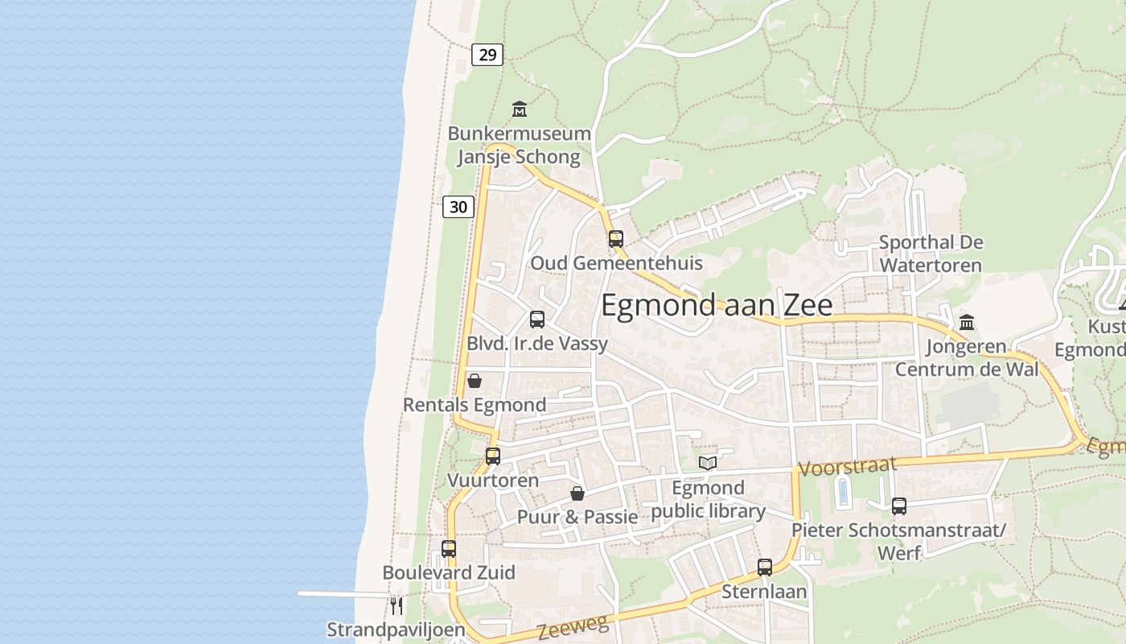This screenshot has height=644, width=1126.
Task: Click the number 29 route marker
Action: tap(487, 55)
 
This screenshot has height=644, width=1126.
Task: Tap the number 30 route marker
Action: tap(458, 207)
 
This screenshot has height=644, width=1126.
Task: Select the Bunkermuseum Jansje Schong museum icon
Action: tap(520, 109)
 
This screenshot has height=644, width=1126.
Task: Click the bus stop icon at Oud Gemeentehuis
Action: tap(616, 238)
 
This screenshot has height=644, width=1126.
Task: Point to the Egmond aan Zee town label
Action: tap(717, 306)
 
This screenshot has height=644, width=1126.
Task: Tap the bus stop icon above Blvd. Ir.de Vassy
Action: tap(537, 319)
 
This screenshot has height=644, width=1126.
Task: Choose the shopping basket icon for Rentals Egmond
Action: tap(475, 381)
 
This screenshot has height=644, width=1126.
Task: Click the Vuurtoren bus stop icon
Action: tap(493, 456)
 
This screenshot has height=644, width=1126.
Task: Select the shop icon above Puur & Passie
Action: tap(577, 493)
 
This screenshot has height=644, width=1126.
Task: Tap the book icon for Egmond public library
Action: tap(708, 463)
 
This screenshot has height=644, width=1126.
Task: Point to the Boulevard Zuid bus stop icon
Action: tap(449, 549)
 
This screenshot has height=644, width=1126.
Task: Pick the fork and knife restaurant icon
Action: tap(396, 605)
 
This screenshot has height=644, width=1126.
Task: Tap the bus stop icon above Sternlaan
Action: tap(765, 567)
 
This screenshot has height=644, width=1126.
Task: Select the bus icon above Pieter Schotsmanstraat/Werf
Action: tap(899, 506)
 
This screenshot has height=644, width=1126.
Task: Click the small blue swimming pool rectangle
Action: tap(843, 492)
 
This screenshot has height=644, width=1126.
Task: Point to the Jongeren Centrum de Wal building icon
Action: tap(967, 322)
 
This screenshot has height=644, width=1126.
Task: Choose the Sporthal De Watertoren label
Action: tap(931, 254)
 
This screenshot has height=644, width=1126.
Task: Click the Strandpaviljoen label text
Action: tap(396, 630)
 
